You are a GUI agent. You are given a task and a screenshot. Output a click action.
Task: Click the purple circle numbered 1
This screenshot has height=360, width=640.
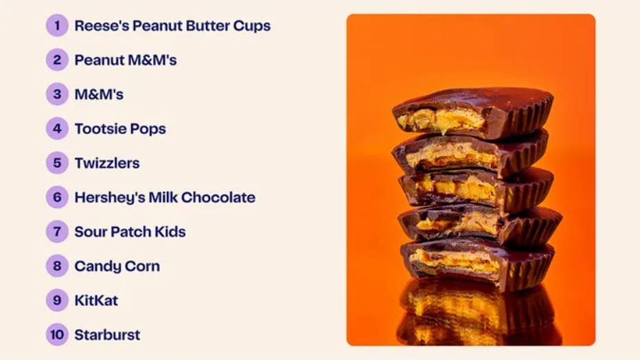[57, 25]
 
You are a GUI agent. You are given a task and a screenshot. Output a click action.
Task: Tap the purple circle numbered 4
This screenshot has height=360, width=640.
[57, 128]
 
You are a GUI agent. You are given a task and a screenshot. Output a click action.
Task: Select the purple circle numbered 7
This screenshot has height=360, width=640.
[57, 232]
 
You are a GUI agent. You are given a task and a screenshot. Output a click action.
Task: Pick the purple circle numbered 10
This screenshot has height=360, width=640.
[57, 335]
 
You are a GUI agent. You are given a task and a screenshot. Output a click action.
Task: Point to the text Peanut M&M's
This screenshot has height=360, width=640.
[126, 60]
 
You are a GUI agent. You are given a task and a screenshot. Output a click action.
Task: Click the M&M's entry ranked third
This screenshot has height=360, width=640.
[99, 94]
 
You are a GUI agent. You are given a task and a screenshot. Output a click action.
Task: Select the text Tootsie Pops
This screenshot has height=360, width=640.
[120, 129]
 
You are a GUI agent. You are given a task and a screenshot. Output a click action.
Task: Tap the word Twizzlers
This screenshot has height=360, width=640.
[107, 164]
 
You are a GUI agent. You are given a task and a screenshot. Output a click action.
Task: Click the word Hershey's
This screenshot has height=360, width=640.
[110, 198]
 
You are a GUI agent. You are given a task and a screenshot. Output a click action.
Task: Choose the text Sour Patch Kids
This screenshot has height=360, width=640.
[130, 232]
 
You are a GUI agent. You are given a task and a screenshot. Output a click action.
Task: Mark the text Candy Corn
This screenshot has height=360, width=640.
[117, 266]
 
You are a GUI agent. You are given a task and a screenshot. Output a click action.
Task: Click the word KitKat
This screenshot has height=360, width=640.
[96, 300]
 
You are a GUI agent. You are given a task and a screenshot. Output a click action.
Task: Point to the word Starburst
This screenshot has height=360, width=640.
[107, 335]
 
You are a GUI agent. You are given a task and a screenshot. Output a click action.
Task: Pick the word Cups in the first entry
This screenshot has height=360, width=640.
[252, 26]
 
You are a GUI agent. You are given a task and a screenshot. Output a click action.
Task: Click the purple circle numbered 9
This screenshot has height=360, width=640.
[57, 300]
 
